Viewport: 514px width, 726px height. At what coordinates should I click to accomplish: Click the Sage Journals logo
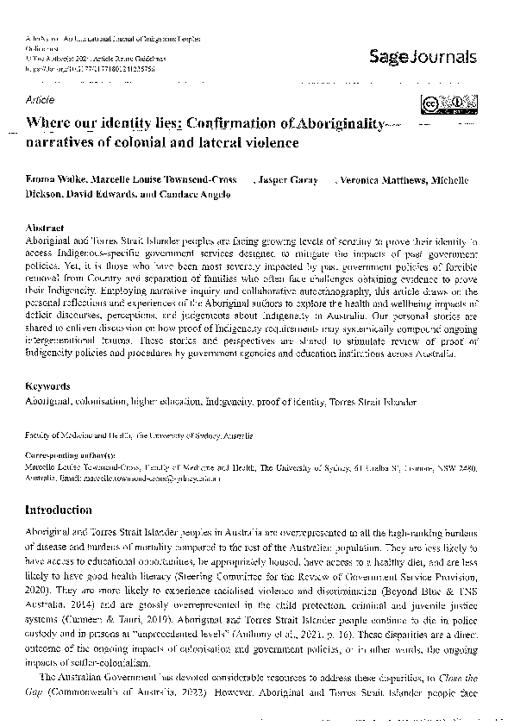pyautogui.click(x=423, y=58)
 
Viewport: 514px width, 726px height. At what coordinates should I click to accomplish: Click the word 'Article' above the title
pyautogui.click(x=41, y=100)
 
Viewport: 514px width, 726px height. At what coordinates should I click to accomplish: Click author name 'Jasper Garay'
pyautogui.click(x=285, y=181)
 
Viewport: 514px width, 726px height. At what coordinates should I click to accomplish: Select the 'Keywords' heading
pyautogui.click(x=48, y=387)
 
